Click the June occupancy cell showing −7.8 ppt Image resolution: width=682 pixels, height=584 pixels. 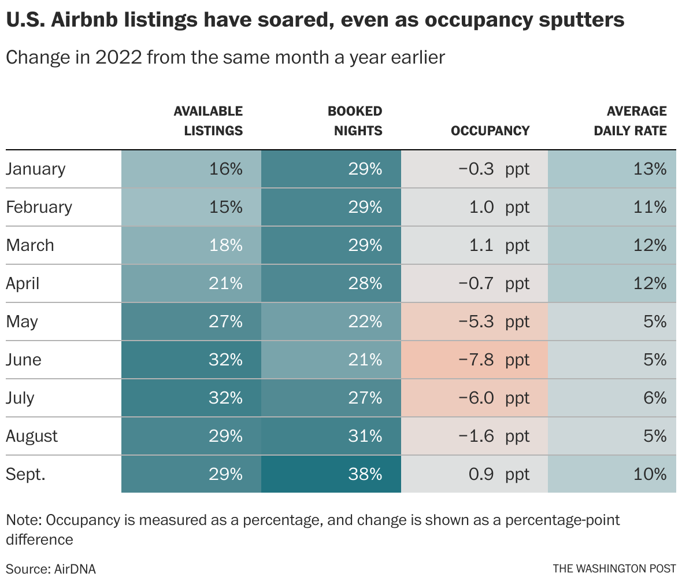click(475, 360)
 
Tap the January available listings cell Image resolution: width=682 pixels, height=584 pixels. click(191, 169)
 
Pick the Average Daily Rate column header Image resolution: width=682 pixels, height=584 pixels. click(630, 121)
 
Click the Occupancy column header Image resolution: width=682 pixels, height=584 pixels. click(490, 131)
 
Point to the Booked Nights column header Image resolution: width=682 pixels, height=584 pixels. click(355, 121)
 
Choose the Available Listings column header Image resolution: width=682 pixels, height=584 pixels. click(208, 121)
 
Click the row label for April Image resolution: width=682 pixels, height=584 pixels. click(23, 283)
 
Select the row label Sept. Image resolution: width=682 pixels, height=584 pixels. click(25, 474)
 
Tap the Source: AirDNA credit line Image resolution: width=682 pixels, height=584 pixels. click(51, 569)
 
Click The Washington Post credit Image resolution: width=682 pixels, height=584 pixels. click(614, 569)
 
